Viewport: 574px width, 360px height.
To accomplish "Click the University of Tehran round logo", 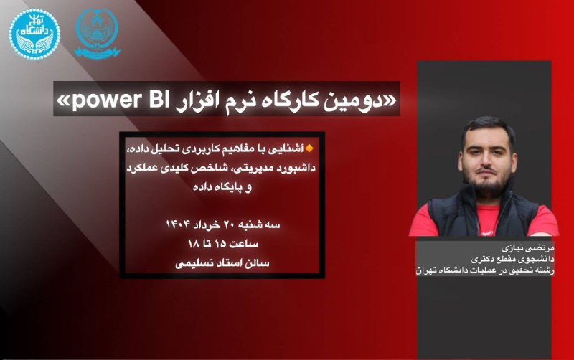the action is tap(34, 34).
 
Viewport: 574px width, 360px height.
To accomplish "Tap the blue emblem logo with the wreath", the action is tap(97, 33).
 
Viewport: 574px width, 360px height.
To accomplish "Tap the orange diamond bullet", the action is tap(310, 148).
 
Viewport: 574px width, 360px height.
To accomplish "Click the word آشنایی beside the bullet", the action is tap(289, 149).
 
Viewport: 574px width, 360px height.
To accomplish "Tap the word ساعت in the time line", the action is tap(244, 244).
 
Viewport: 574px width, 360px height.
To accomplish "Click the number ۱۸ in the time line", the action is tap(193, 244).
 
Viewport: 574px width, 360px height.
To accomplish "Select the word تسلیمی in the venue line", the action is tap(191, 263).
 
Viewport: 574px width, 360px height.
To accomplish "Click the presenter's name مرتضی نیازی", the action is tap(528, 248).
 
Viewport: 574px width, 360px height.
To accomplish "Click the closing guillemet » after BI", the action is tap(62, 102).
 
